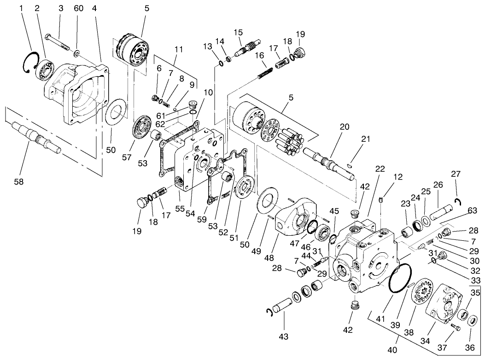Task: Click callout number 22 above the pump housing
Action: point(380,169)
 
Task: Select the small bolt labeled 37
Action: point(455,327)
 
